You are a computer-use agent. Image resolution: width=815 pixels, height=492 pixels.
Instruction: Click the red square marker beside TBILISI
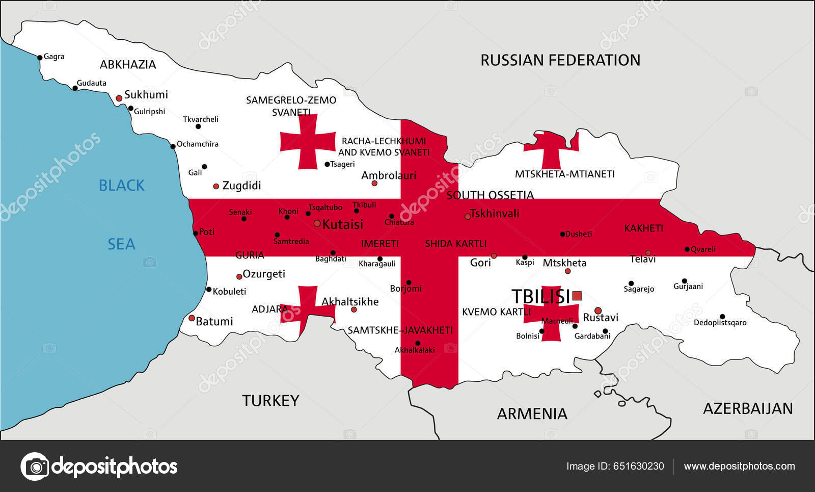click(x=577, y=296)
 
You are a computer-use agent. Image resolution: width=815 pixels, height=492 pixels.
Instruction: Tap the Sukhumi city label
click(x=146, y=95)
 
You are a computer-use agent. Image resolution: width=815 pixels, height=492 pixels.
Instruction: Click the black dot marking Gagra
click(x=40, y=58)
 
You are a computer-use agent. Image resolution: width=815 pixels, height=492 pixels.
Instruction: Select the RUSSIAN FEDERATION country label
click(x=560, y=60)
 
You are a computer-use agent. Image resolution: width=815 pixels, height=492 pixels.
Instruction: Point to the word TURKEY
click(x=270, y=401)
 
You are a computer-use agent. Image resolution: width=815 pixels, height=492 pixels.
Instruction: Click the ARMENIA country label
click(x=532, y=413)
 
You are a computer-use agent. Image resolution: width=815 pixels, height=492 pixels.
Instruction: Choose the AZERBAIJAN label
click(x=748, y=408)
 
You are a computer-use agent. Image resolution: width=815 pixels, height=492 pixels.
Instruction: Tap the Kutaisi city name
click(x=343, y=224)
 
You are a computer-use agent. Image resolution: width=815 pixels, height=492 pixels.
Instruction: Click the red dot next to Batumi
click(x=192, y=318)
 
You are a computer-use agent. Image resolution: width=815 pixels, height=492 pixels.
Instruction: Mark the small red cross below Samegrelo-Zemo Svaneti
click(x=308, y=142)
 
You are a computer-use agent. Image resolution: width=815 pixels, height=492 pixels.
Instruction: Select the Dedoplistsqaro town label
click(x=720, y=323)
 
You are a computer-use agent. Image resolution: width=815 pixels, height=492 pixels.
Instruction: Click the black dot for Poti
click(x=196, y=234)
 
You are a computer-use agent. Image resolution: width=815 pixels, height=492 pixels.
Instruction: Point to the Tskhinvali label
click(x=495, y=214)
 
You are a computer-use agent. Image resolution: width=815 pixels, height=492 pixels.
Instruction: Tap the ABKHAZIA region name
click(x=128, y=65)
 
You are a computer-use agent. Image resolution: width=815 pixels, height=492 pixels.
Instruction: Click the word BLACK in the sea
click(x=121, y=186)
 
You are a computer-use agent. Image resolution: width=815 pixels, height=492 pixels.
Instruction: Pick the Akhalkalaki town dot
click(x=418, y=343)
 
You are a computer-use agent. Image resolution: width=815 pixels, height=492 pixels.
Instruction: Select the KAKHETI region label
click(x=644, y=228)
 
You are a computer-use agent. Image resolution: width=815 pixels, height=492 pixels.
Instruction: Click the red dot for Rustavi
click(x=598, y=310)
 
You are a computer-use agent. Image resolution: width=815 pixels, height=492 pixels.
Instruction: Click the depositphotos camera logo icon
click(x=35, y=467)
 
